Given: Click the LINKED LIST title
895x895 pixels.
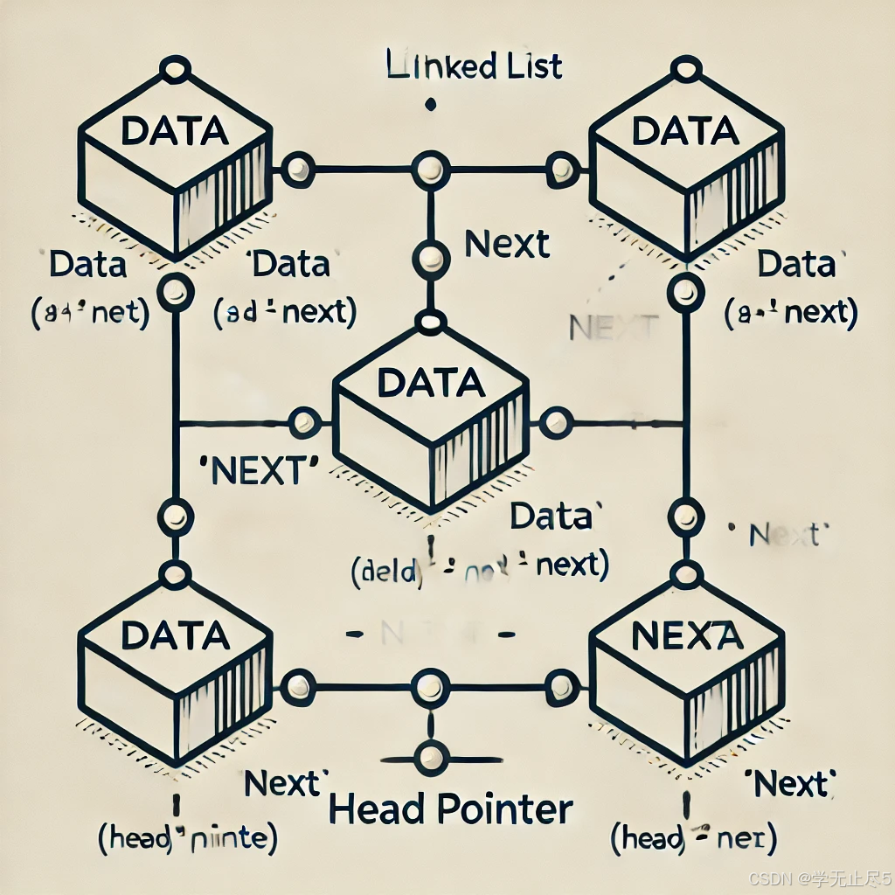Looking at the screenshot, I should click(x=474, y=67).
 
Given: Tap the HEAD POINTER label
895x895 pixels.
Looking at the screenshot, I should click(x=451, y=809).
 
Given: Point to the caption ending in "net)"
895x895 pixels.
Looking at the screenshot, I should click(x=88, y=312).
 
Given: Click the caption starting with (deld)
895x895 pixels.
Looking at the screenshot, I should click(x=479, y=565).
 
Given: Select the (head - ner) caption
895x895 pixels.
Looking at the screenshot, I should click(x=694, y=840).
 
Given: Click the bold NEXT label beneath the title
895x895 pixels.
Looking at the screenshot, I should click(x=508, y=244).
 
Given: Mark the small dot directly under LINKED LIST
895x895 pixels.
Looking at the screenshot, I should click(x=430, y=106).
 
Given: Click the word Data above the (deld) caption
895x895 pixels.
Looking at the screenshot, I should click(x=552, y=517).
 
